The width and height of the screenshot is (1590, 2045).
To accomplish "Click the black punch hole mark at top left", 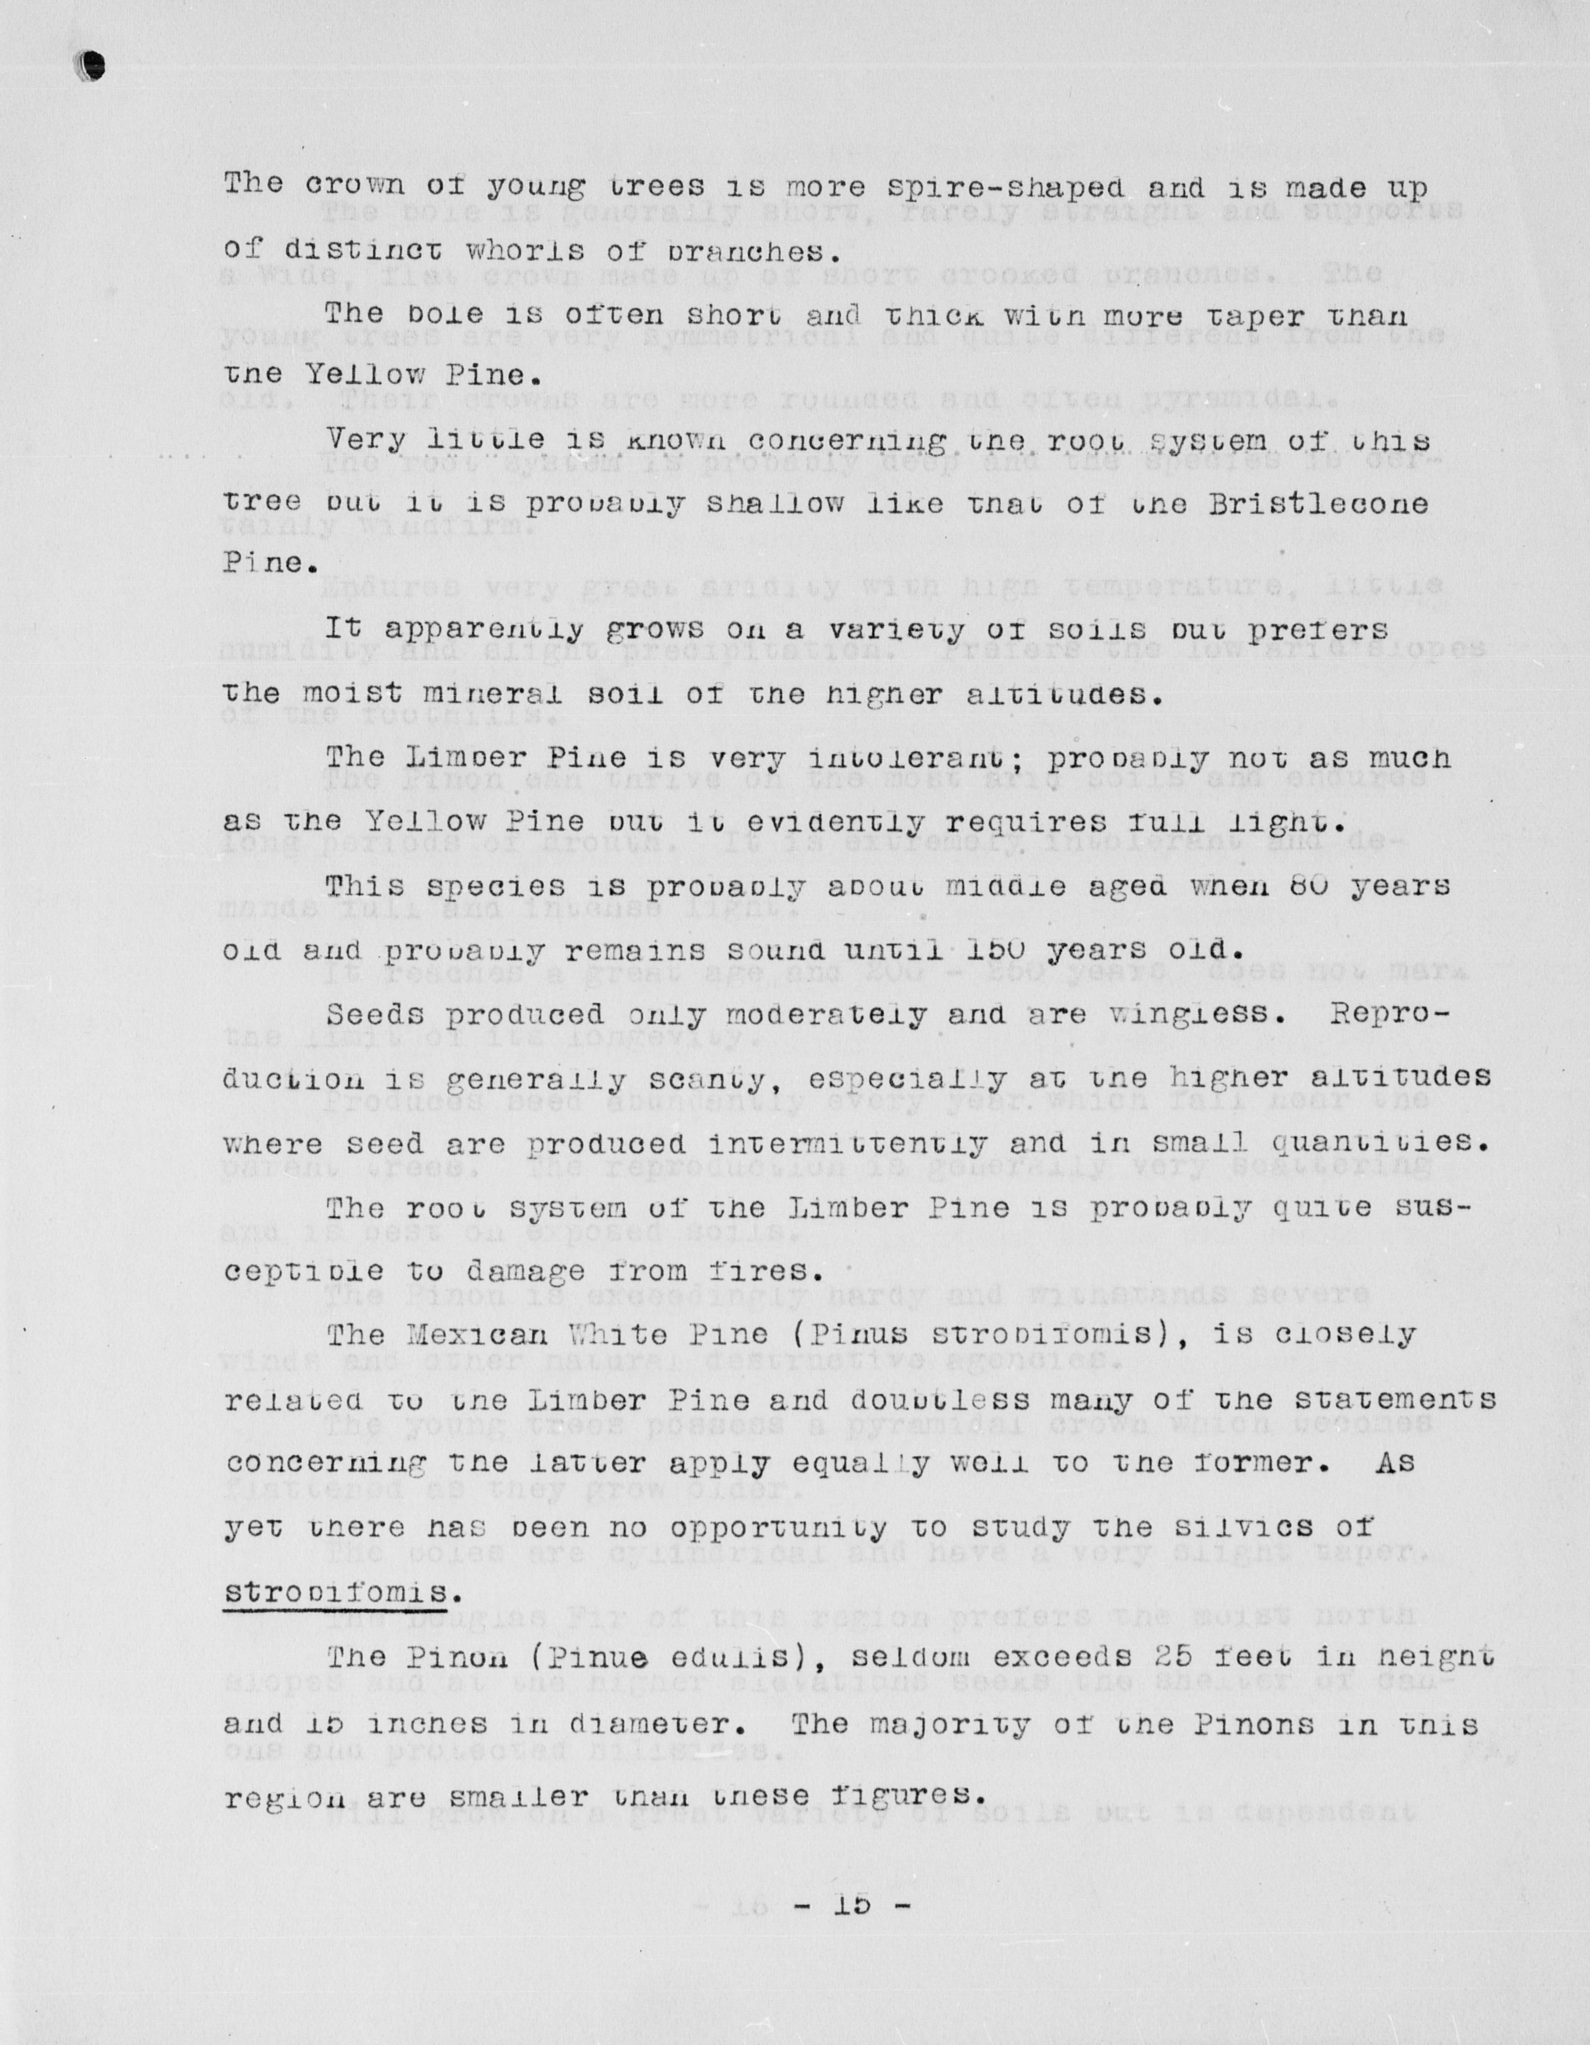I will click(x=92, y=64).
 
